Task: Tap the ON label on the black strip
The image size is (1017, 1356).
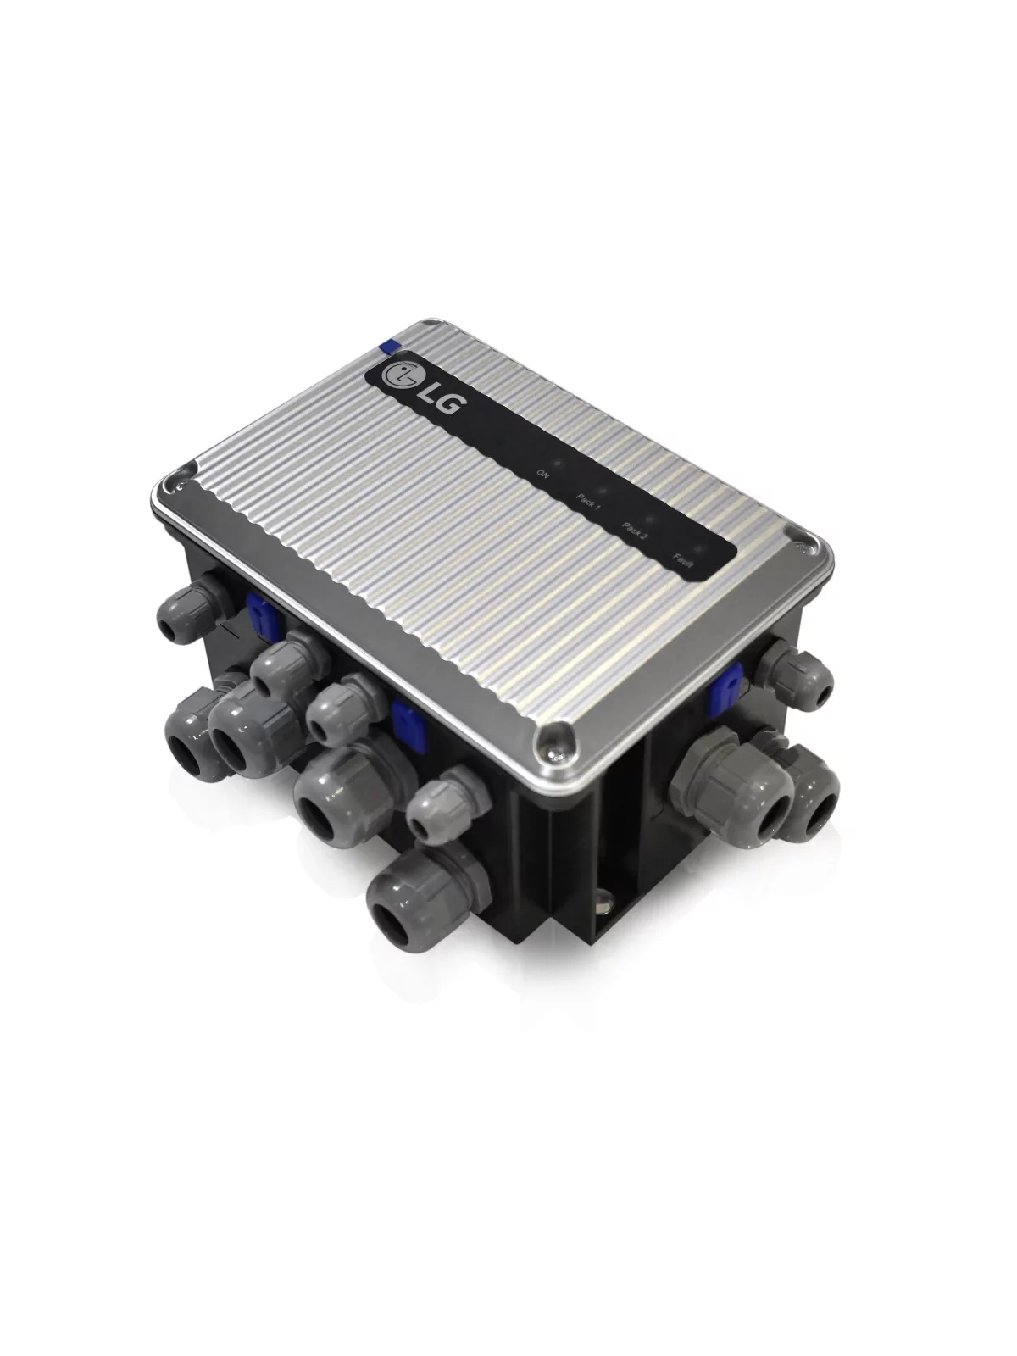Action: pyautogui.click(x=543, y=475)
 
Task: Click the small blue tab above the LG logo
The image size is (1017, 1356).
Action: pyautogui.click(x=390, y=345)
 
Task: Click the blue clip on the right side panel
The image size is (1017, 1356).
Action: pyautogui.click(x=727, y=684)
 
